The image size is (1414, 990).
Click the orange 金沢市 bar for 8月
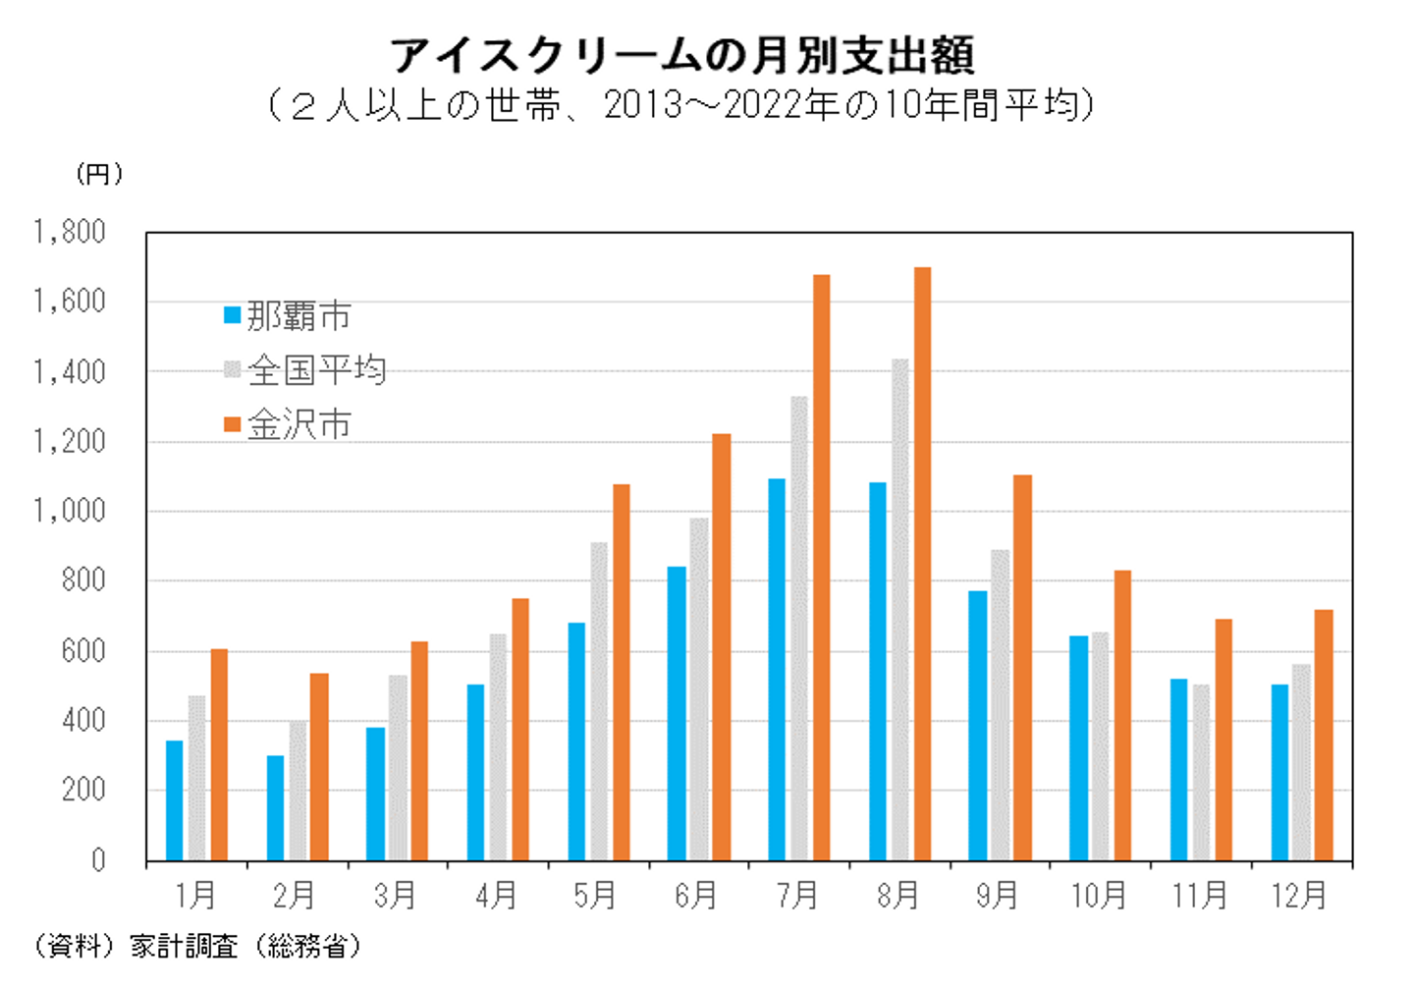(x=922, y=564)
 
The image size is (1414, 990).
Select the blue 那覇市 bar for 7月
(x=777, y=670)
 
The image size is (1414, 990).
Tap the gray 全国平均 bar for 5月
(x=598, y=701)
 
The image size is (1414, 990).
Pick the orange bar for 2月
(x=319, y=767)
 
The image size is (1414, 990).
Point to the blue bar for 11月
(x=1178, y=770)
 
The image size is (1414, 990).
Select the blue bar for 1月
(x=174, y=800)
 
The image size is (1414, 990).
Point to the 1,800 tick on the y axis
(x=70, y=233)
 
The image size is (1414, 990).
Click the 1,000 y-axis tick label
(x=70, y=512)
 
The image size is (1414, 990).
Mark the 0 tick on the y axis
(x=97, y=861)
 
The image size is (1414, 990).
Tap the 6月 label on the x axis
(x=695, y=895)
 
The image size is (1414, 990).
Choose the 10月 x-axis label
(x=1098, y=895)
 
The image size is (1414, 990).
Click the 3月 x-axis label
(x=395, y=895)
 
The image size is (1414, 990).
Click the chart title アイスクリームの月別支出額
(x=682, y=55)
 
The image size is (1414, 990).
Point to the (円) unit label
(x=99, y=174)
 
